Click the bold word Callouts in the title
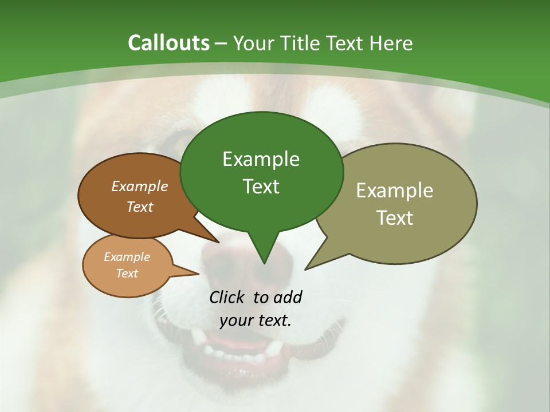[x=168, y=43]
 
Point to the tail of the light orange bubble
[x=192, y=274]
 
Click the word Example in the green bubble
[x=261, y=159]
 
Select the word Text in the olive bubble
[x=395, y=218]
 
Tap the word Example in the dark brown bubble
[x=140, y=186]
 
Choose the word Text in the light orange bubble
[x=127, y=274]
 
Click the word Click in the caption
[x=227, y=297]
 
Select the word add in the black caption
[x=288, y=297]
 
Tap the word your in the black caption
[x=237, y=320]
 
